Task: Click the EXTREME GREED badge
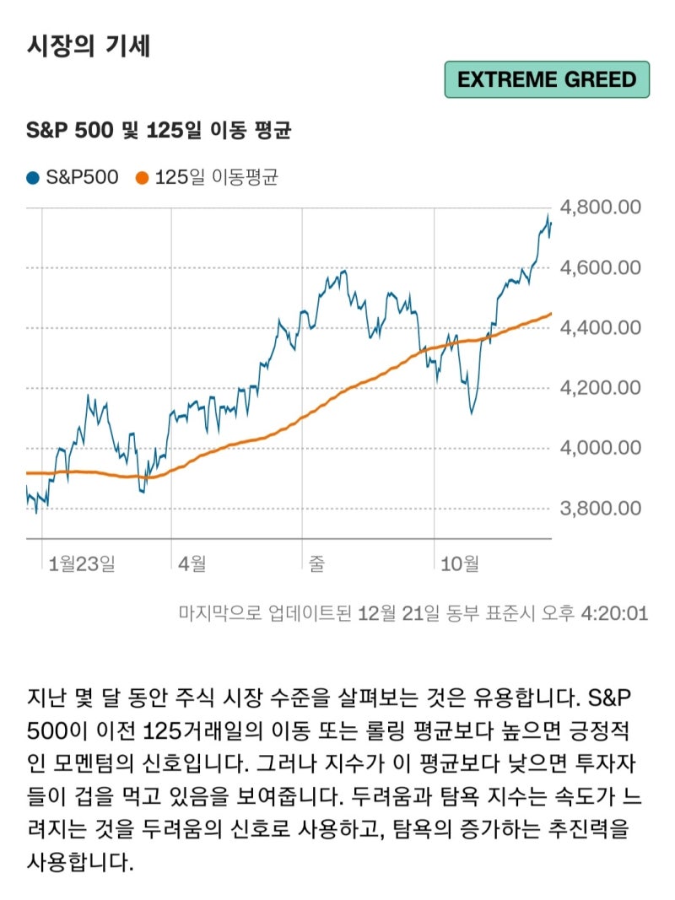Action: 547,80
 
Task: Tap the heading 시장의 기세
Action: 89,46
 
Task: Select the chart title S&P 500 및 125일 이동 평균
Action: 159,131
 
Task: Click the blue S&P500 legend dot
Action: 33,178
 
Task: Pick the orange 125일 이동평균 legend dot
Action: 142,178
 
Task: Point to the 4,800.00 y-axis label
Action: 601,207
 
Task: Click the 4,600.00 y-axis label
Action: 601,268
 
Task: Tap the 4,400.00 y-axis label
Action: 601,328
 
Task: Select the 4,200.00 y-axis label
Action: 601,388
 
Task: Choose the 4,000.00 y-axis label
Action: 601,448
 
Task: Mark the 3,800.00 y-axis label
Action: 601,509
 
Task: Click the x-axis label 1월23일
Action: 82,563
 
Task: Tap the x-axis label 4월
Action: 193,563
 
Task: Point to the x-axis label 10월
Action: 461,563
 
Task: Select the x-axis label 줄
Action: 317,563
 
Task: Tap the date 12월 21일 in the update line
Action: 397,612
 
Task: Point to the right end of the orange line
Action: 551,314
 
